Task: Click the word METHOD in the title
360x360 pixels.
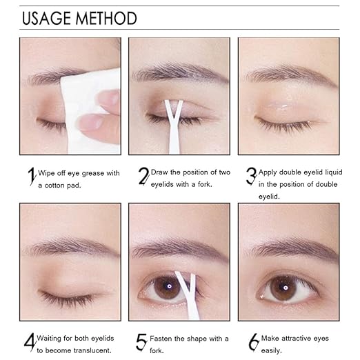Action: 110,18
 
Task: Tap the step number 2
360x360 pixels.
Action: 143,177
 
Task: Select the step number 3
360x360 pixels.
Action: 251,177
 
